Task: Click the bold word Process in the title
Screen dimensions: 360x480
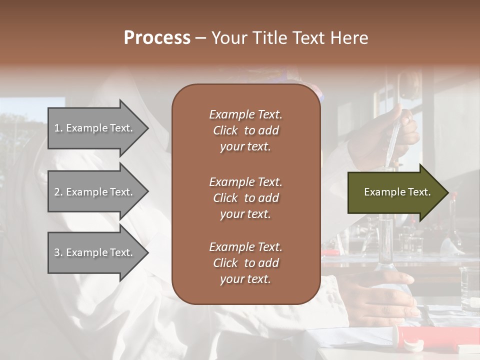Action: coord(157,38)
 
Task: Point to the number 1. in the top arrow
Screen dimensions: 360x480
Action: coord(58,128)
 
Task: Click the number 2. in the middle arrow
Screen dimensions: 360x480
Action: coord(58,192)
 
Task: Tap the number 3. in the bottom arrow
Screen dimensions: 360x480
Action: coord(58,252)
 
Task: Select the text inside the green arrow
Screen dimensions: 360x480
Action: coord(397,192)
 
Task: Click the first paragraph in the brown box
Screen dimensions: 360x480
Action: coord(245,130)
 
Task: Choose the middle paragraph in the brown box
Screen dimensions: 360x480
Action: coord(245,198)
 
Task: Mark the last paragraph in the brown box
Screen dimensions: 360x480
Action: coord(245,263)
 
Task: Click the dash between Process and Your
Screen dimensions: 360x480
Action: coord(200,38)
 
